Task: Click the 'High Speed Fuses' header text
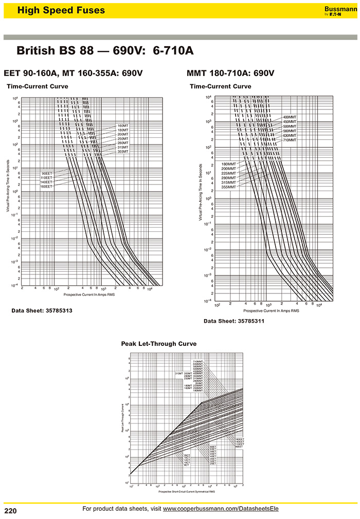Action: (x=61, y=10)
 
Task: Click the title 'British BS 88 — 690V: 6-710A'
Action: (x=105, y=51)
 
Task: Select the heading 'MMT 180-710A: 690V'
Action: (x=230, y=73)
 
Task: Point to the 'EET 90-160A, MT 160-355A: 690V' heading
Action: (x=73, y=73)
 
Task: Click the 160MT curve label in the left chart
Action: (x=122, y=126)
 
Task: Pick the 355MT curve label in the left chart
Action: (x=122, y=152)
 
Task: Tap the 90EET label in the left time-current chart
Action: (x=47, y=173)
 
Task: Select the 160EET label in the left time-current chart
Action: (x=47, y=187)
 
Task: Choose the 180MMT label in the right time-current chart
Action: (x=228, y=164)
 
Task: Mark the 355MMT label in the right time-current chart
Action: (x=228, y=187)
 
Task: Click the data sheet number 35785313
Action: (x=41, y=311)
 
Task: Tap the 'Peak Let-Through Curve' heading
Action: (x=158, y=344)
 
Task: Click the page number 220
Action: (x=11, y=511)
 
